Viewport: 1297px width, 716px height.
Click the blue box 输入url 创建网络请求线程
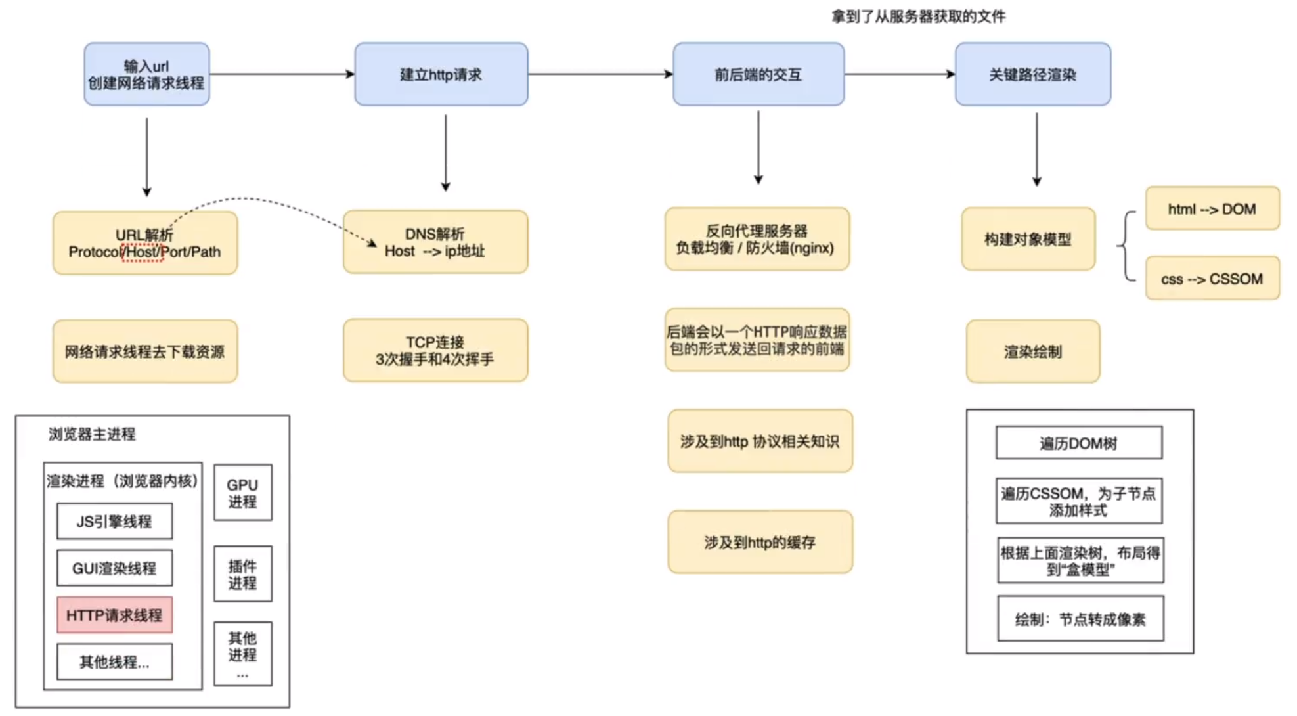[x=146, y=74]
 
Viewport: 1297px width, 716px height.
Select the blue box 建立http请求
[x=441, y=74]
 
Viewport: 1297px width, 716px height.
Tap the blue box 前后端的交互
[x=758, y=74]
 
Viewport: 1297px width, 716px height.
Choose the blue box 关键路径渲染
[x=1032, y=74]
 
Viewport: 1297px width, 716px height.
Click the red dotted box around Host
[x=142, y=252]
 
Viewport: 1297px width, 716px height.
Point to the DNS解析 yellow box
[x=435, y=242]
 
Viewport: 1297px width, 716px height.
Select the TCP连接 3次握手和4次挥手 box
[x=435, y=351]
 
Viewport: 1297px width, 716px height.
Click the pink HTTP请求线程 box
[x=114, y=615]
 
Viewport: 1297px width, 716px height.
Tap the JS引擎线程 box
[x=114, y=522]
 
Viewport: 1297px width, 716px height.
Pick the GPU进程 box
[x=242, y=493]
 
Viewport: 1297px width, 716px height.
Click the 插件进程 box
[x=242, y=574]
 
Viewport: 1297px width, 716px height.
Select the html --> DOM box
[x=1212, y=209]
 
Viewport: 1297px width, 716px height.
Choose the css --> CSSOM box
[x=1212, y=279]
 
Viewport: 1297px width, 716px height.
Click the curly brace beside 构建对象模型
[x=1126, y=246]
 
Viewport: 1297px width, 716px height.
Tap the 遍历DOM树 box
[x=1078, y=443]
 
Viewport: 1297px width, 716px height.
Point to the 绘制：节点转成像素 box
[x=1080, y=619]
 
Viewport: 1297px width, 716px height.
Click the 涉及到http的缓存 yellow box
[x=760, y=543]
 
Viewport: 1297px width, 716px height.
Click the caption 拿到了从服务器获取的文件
[x=918, y=16]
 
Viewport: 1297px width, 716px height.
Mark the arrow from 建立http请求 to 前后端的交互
[x=600, y=74]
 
